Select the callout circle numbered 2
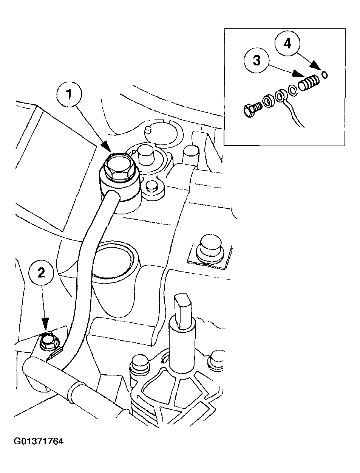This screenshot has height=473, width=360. [x=42, y=273]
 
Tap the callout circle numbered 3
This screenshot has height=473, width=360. [x=257, y=60]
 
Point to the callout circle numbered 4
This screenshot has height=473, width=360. [x=287, y=43]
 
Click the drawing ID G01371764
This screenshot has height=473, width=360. [x=39, y=441]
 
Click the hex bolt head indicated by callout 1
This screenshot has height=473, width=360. [x=118, y=168]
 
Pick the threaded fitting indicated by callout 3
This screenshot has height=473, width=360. [x=308, y=83]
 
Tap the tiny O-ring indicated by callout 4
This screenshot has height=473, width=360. [x=324, y=76]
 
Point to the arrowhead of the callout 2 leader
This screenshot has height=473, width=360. [x=45, y=324]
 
